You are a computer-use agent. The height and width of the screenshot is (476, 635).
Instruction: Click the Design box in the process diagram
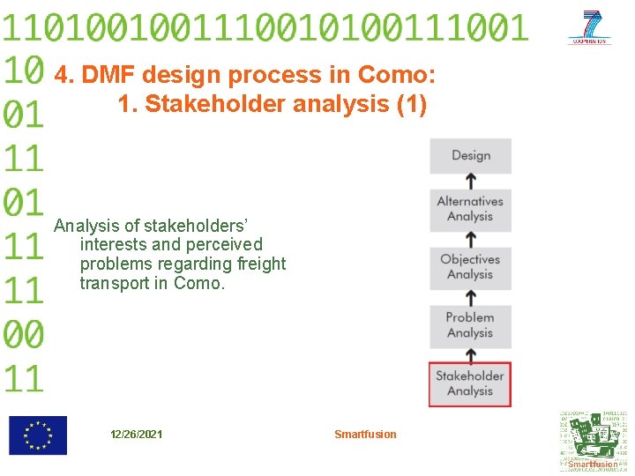[470, 156]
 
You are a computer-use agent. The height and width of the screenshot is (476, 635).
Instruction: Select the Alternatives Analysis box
[470, 209]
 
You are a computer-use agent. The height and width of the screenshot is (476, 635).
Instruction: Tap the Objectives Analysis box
[470, 267]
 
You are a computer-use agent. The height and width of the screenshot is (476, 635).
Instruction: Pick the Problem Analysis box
[470, 325]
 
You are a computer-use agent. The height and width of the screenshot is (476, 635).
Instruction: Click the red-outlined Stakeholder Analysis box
[470, 383]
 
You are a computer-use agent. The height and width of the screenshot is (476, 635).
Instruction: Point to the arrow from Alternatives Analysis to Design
[471, 181]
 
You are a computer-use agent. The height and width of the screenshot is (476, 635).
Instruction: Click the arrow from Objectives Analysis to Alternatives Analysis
[471, 239]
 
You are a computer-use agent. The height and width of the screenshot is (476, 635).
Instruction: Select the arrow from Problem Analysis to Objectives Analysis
[471, 297]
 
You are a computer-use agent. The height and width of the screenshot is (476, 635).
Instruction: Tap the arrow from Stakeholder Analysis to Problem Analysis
[471, 355]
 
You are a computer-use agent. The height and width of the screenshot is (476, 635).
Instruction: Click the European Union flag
[37, 435]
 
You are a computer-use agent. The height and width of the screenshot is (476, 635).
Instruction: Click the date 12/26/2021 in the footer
[136, 434]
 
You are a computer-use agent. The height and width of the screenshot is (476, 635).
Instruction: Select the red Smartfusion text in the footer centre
[365, 434]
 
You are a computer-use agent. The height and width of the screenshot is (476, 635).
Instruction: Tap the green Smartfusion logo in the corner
[593, 440]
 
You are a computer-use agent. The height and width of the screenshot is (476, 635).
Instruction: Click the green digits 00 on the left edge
[23, 335]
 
